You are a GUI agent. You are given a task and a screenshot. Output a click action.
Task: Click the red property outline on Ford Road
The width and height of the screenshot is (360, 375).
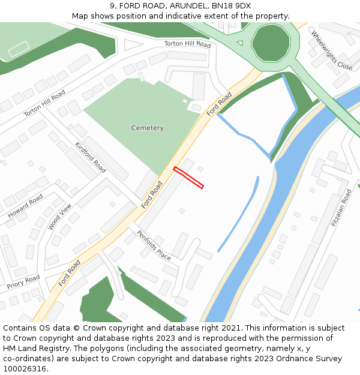pos(188,178)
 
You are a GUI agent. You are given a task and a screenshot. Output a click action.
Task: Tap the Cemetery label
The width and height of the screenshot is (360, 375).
pos(147,128)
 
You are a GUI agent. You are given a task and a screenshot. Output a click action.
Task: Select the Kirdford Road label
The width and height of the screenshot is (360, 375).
pos(91,158)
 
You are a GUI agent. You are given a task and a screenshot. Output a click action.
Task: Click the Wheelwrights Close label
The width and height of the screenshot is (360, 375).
pos(332,50)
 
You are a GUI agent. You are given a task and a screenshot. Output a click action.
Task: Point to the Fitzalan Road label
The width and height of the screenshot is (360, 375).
pos(341,208)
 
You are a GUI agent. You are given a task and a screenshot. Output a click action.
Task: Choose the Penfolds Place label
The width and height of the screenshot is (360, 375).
pos(154,245)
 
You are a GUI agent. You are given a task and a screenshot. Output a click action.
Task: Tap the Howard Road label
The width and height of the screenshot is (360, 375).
pos(25,206)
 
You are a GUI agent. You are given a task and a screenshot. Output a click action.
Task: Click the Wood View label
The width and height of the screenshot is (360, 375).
pos(60,217)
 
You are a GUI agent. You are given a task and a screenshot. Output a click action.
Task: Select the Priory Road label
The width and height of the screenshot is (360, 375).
pos(23,282)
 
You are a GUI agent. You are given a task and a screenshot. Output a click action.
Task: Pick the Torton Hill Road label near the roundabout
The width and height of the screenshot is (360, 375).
pos(187,44)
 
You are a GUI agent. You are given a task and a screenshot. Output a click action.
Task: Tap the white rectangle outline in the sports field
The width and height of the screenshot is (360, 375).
pos(19,49)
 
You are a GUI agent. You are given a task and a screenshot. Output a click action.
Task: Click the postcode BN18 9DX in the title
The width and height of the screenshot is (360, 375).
pos(231,6)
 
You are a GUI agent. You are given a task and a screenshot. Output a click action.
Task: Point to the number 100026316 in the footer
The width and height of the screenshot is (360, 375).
pos(26,369)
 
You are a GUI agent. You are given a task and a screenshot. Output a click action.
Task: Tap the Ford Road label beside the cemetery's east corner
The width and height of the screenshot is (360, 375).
pos(219,104)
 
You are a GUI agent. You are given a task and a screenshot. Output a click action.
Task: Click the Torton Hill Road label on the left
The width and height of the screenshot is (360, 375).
pos(44,104)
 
